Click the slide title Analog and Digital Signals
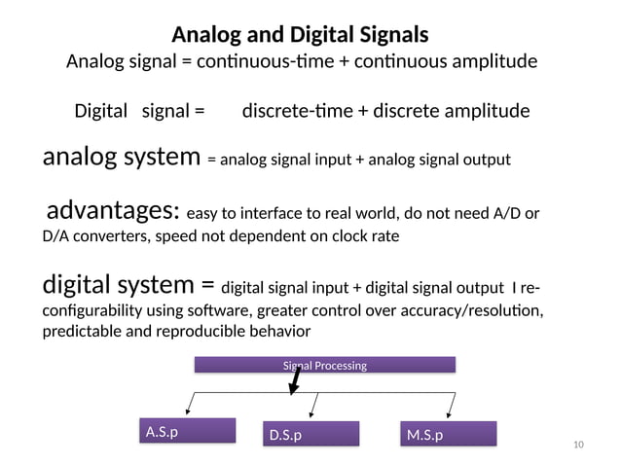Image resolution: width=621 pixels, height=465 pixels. (x=300, y=36)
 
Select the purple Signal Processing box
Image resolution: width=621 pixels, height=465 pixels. (x=325, y=366)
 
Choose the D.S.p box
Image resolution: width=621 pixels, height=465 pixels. (x=312, y=434)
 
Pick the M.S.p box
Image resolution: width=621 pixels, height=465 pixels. (x=449, y=434)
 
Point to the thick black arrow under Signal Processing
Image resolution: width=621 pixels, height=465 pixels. (x=293, y=383)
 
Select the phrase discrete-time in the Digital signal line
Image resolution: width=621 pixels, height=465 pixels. (x=298, y=111)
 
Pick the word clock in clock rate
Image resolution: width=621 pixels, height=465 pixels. (x=350, y=236)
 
